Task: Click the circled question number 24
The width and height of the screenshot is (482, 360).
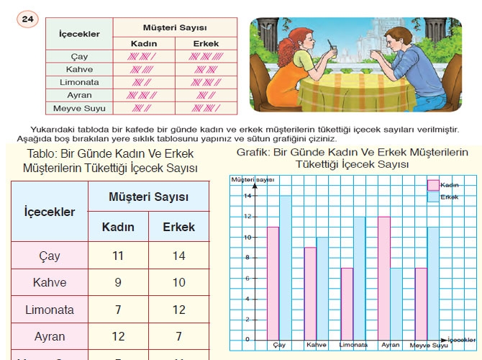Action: (27, 21)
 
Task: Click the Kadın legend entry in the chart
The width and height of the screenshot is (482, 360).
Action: (434, 185)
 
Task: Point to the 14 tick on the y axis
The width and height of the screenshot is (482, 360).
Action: (246, 196)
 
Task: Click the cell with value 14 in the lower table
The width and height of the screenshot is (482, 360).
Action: (179, 256)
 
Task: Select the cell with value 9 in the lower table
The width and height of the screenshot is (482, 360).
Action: (119, 282)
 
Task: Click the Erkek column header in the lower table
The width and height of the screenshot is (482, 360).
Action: (179, 227)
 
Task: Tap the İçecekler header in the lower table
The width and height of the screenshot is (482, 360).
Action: (50, 212)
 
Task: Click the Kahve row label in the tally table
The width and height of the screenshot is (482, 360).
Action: (79, 69)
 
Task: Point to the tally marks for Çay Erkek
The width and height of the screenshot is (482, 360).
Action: (207, 56)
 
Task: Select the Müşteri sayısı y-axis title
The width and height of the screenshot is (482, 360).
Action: (253, 179)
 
